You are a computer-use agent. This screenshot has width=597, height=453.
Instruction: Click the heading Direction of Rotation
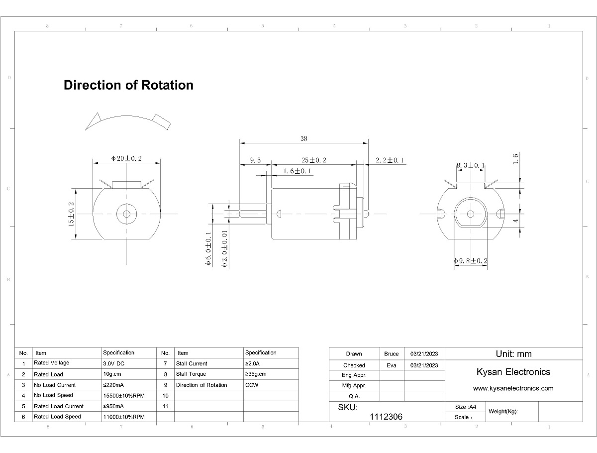point(128,85)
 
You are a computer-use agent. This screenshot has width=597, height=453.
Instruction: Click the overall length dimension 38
point(303,139)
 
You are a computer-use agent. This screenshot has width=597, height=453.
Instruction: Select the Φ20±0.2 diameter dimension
point(126,158)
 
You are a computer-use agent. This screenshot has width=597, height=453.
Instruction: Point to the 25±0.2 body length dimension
point(314,160)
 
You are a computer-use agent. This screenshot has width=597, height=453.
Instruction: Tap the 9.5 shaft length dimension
point(255,160)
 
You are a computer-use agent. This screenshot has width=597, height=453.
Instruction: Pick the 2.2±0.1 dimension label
point(390,160)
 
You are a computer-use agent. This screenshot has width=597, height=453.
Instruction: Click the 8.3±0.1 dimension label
point(471,165)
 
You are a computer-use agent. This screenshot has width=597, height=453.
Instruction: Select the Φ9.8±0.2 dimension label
point(471,261)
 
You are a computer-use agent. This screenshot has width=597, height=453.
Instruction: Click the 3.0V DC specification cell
point(114,363)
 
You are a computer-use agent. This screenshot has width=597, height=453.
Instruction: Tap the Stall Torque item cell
point(191,374)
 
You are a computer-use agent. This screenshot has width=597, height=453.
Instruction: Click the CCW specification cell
point(251,385)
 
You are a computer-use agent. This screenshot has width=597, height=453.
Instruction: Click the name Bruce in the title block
point(392,354)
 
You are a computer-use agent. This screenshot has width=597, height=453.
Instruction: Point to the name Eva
point(392,365)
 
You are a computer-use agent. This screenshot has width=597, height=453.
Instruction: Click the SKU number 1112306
point(386,417)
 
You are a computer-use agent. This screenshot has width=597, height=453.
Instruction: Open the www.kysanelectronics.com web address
point(513,388)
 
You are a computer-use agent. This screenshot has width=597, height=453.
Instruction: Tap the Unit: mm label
point(513,354)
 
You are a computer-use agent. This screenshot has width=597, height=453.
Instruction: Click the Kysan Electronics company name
point(513,372)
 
